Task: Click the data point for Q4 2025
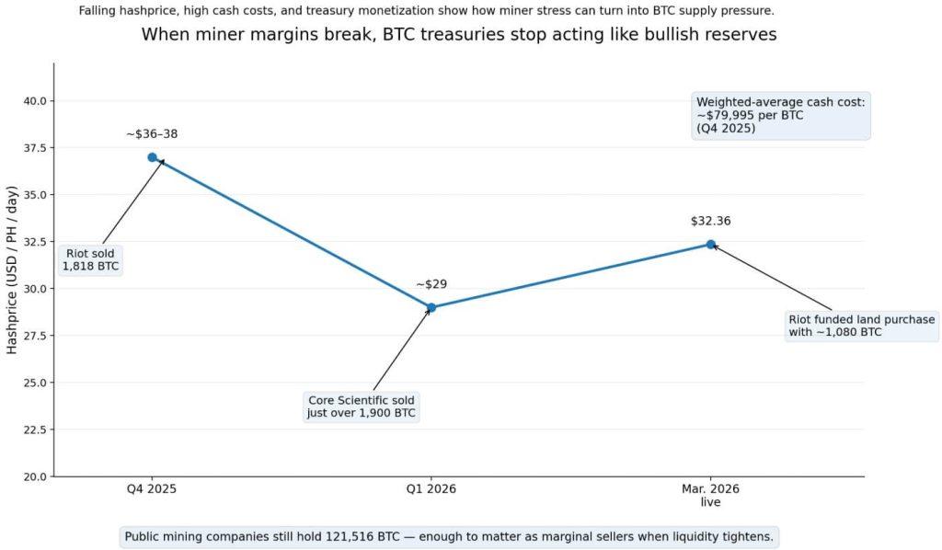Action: point(152,157)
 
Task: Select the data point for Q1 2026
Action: point(431,307)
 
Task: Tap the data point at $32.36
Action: point(710,244)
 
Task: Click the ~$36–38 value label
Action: point(152,134)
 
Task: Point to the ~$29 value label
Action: point(431,284)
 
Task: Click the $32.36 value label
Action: point(710,221)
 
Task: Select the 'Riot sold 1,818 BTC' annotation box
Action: point(90,260)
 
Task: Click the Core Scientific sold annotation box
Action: point(362,407)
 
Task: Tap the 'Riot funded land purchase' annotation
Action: point(861,326)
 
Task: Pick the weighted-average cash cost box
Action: point(780,115)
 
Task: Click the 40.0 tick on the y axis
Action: point(34,101)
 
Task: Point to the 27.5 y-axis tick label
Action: point(34,336)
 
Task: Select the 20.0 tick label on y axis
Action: point(34,476)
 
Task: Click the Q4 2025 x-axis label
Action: point(152,489)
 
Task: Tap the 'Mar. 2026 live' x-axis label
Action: point(710,496)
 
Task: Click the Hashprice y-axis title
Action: point(12,269)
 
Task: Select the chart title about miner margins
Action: point(458,35)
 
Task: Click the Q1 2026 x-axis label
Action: point(431,489)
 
